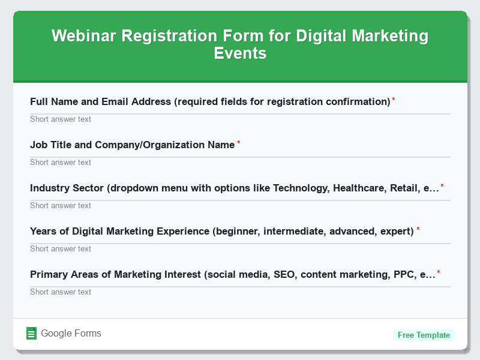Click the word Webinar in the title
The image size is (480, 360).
(x=84, y=36)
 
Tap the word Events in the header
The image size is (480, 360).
(x=240, y=53)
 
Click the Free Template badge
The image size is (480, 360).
(x=424, y=335)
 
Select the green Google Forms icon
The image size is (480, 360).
(x=32, y=334)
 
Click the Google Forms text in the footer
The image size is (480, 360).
(x=71, y=334)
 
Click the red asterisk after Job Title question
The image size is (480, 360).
(x=239, y=143)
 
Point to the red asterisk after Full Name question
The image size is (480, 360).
(x=394, y=100)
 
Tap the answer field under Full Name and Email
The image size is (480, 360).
(x=240, y=119)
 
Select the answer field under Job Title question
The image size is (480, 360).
(x=240, y=162)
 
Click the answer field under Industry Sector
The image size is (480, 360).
(x=240, y=205)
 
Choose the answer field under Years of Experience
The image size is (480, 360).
(x=240, y=248)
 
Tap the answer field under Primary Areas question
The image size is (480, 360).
(x=240, y=292)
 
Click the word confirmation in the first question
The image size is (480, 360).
(x=358, y=101)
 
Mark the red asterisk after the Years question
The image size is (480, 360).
(x=418, y=229)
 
